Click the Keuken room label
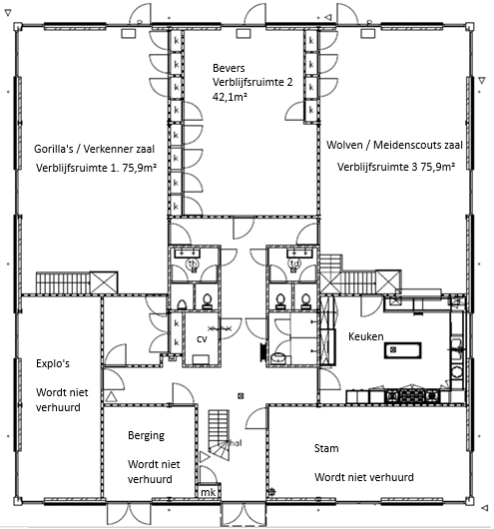tap(366, 336)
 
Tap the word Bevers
tap(229, 68)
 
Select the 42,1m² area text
tap(230, 97)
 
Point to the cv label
tap(202, 339)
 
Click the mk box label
tap(208, 492)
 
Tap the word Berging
tap(146, 435)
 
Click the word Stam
tap(326, 448)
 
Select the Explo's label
tap(53, 363)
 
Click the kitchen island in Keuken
tap(402, 350)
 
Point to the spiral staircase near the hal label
tap(219, 435)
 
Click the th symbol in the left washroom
tap(193, 264)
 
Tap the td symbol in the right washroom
tap(294, 263)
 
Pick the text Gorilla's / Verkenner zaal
tap(94, 149)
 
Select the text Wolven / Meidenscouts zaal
tap(394, 145)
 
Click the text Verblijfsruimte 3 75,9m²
tap(396, 167)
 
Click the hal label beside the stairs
tap(236, 443)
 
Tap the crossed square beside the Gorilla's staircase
tap(104, 282)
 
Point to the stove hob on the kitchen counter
tap(413, 395)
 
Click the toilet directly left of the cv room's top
tap(182, 304)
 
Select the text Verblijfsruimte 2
tap(252, 82)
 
